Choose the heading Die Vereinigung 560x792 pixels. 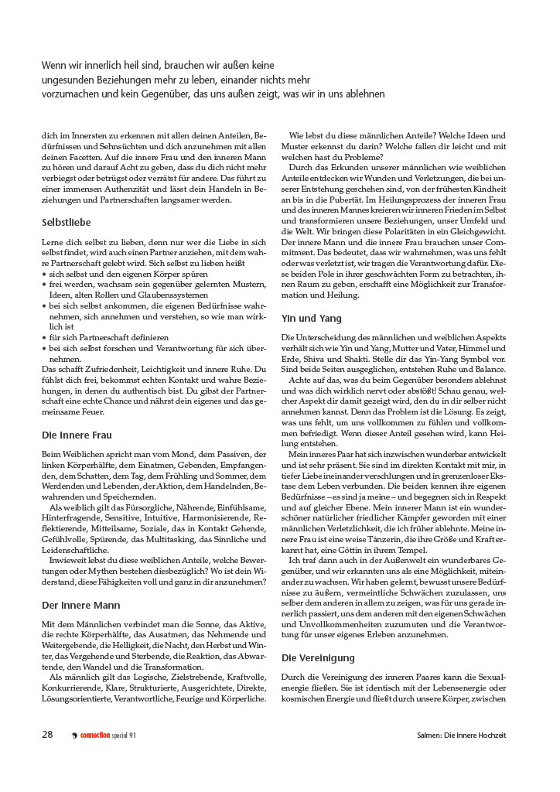[x=318, y=657]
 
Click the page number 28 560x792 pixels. [x=47, y=735]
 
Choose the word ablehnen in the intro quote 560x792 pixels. [x=367, y=94]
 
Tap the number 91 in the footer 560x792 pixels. [x=133, y=736]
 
